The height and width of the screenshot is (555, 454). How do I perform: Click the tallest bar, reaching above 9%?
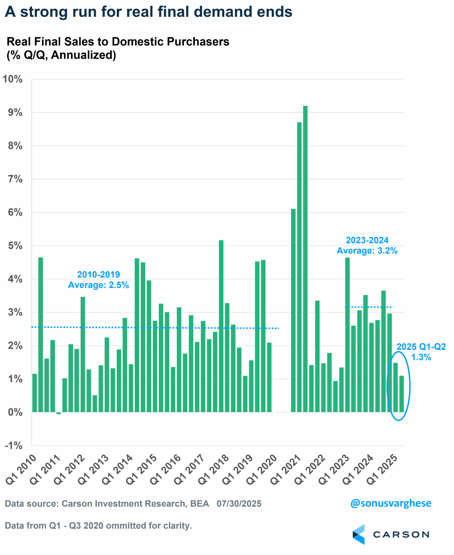pos(305,259)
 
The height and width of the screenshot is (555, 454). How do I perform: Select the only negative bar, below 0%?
pos(59,413)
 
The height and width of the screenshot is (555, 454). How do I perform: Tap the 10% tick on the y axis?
pos(13,79)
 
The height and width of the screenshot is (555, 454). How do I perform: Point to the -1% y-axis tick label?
pos(13,446)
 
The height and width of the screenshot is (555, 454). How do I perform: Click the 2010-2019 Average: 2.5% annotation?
pos(98,280)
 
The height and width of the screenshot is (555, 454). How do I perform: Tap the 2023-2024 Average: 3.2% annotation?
pos(367,246)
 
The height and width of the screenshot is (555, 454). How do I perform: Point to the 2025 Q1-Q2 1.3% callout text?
pos(421,352)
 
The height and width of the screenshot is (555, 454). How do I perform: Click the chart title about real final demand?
pos(149,12)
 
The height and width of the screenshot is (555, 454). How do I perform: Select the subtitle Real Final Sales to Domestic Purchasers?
pos(118,42)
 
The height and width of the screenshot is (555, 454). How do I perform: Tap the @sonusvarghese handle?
pos(391,503)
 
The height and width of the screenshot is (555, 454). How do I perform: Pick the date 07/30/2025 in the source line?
pos(239,504)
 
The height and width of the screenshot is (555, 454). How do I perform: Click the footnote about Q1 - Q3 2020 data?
pos(98,526)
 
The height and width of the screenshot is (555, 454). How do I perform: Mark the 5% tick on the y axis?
pos(15,246)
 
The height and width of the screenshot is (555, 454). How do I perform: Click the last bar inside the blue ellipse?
pos(402,394)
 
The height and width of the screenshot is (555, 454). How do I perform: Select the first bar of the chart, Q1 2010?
pos(34,393)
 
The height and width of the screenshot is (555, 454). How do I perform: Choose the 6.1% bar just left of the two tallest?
pos(293,310)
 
